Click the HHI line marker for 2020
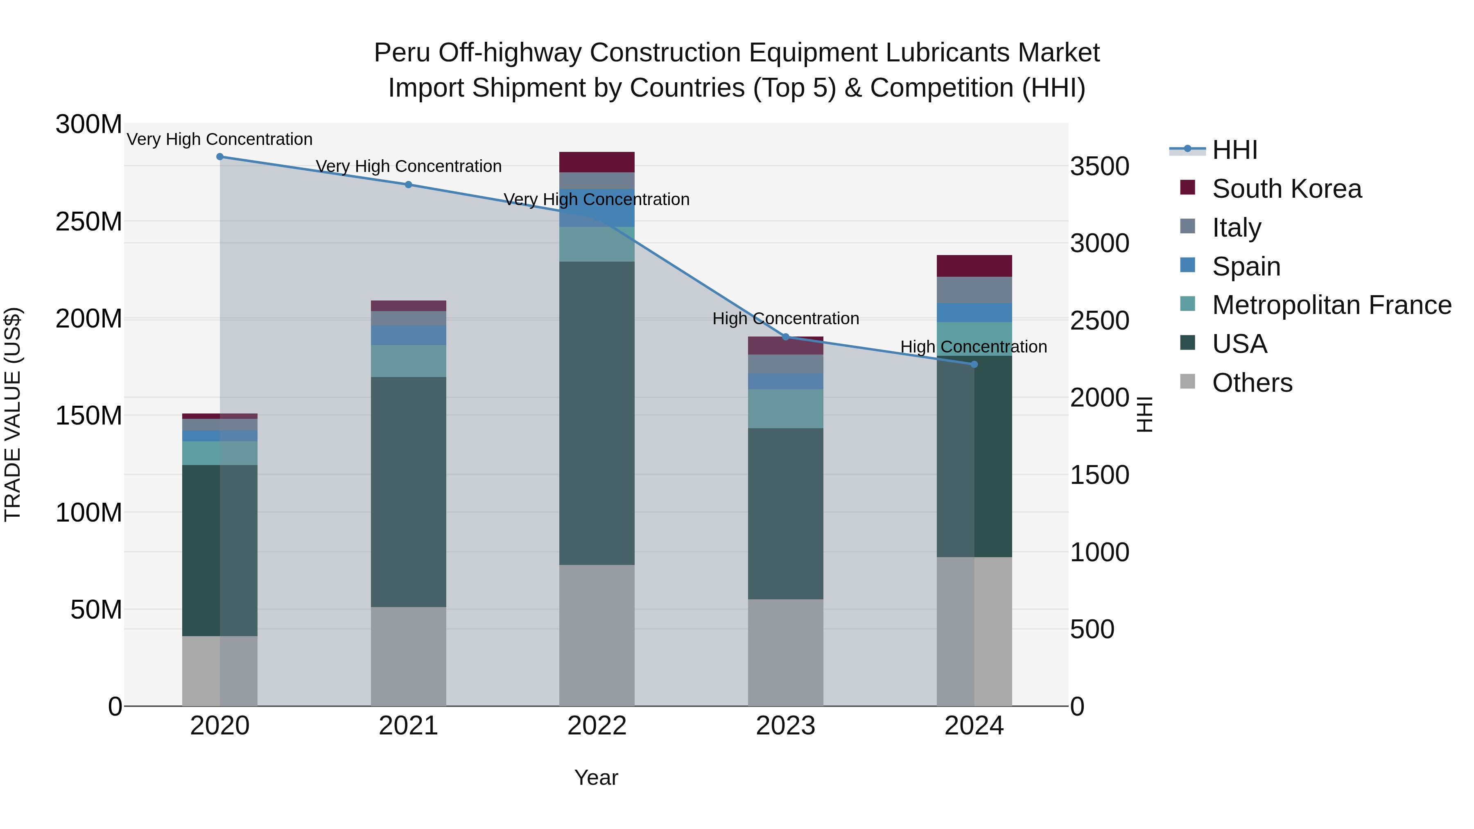pos(220,157)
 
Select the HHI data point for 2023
pos(786,337)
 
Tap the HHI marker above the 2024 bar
pos(974,364)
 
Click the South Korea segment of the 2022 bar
pos(597,162)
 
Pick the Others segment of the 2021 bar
pos(409,656)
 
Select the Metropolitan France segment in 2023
pos(786,409)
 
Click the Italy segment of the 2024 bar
pos(974,290)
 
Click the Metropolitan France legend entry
pos(1332,305)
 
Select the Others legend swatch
pos(1188,382)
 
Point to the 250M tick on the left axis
pos(89,221)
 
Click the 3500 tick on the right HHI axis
pos(1099,167)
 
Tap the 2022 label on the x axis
pos(597,726)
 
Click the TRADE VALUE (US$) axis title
pos(13,414)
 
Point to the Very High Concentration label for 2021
pos(409,167)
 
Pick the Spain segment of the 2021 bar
pos(409,335)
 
